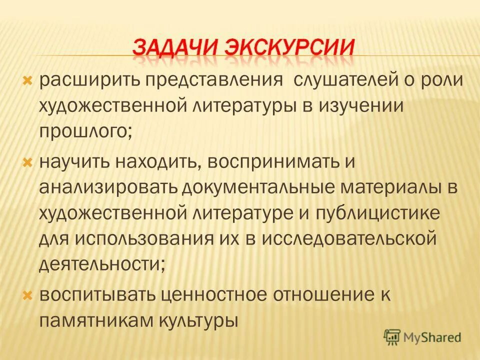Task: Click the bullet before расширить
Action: coord(28,80)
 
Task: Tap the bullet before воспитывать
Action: coord(28,294)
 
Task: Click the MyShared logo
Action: coord(422,336)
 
